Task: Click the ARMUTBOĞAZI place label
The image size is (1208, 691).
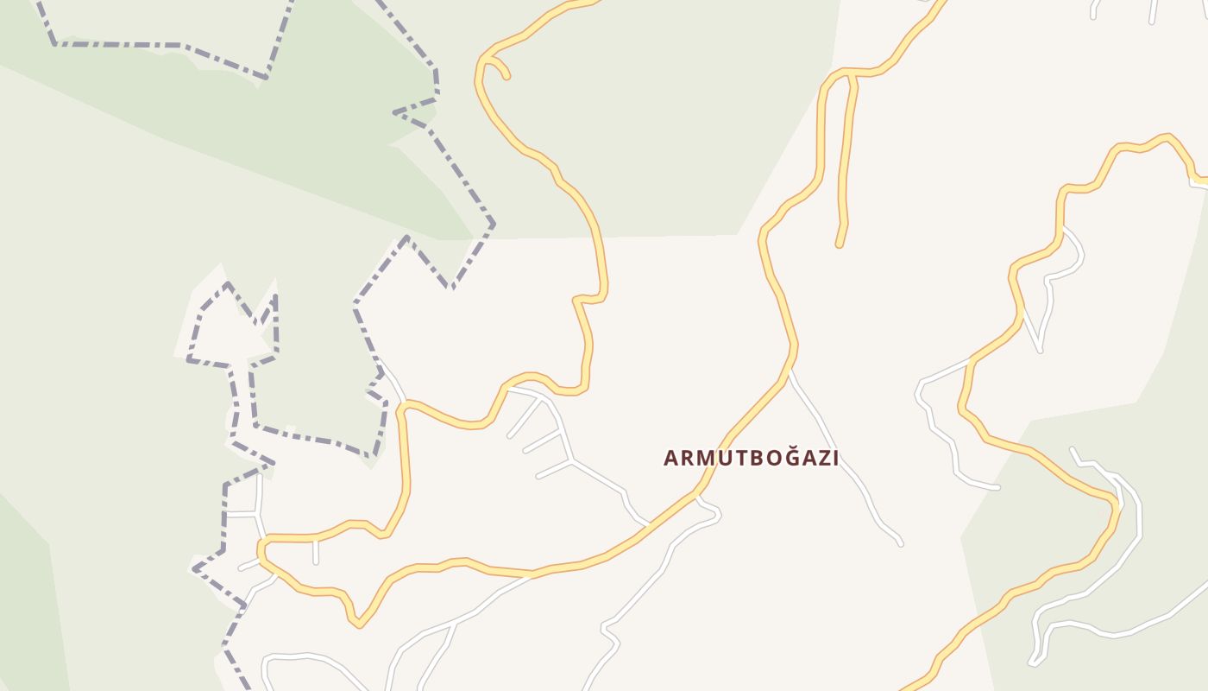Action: [x=751, y=458]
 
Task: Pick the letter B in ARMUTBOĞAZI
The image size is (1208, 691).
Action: [x=747, y=458]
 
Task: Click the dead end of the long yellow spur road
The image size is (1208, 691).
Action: [x=839, y=245]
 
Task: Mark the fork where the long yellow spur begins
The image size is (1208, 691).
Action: [x=851, y=75]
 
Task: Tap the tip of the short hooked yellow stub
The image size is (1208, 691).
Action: [x=506, y=76]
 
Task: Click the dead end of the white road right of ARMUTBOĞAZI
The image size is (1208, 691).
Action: [x=900, y=544]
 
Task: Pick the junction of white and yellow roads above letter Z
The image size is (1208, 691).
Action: [x=789, y=372]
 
